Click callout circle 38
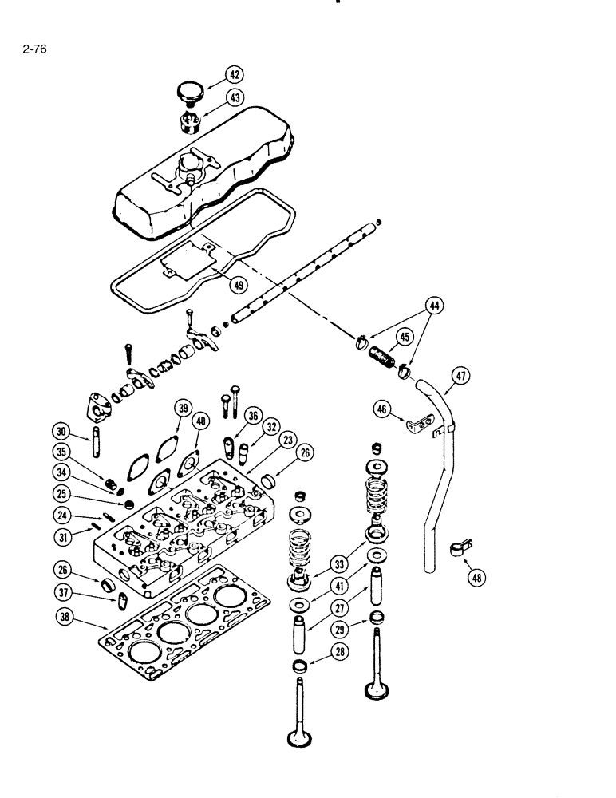pyautogui.click(x=68, y=616)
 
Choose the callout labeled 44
pyautogui.click(x=436, y=306)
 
